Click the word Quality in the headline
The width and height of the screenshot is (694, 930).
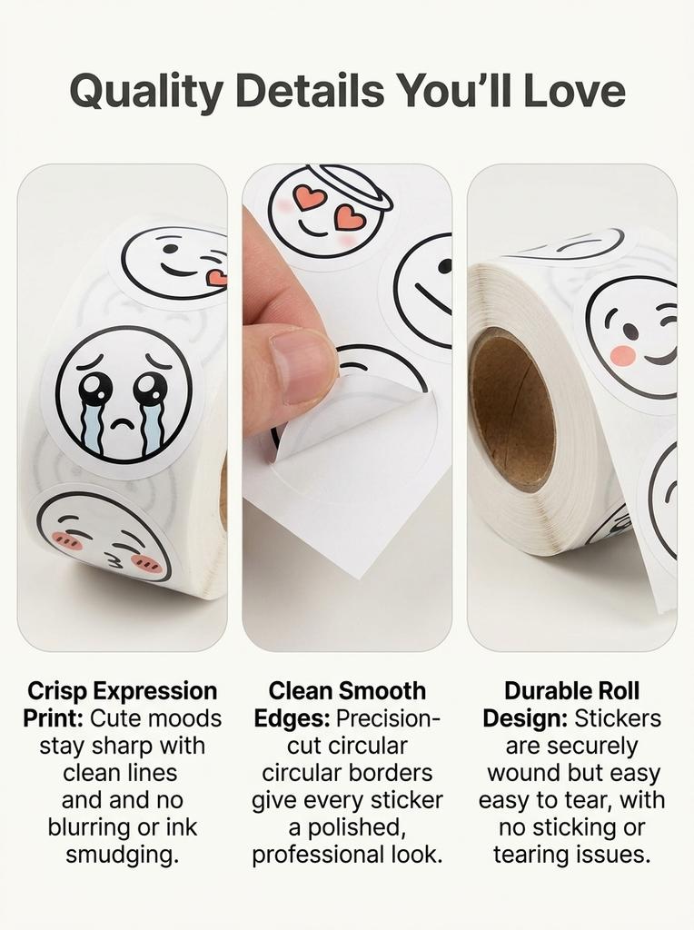(146, 92)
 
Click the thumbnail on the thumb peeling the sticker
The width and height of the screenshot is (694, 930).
(303, 365)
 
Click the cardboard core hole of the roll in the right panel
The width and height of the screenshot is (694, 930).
(512, 411)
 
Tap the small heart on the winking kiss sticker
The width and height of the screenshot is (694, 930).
(216, 276)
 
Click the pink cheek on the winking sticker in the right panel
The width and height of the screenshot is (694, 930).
(623, 355)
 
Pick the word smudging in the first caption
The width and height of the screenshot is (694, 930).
(123, 855)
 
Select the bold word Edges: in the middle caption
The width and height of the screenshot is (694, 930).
(292, 718)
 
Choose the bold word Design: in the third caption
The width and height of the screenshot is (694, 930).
(525, 718)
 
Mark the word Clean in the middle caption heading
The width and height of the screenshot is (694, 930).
(300, 691)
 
